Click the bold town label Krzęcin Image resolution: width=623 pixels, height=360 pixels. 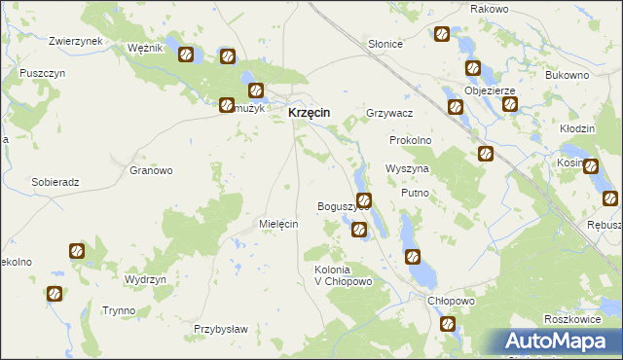(309, 113)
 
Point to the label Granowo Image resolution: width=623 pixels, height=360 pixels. (151, 170)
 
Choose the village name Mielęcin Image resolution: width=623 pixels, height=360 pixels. (277, 224)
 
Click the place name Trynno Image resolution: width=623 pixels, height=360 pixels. (119, 310)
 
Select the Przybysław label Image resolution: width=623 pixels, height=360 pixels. (221, 329)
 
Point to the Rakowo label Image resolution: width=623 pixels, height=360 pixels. (490, 9)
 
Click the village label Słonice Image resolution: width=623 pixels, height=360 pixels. (385, 45)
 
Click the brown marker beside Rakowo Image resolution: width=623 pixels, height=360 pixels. (442, 34)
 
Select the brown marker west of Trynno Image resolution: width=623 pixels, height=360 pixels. (55, 293)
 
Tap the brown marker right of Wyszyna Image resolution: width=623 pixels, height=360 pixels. (486, 153)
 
